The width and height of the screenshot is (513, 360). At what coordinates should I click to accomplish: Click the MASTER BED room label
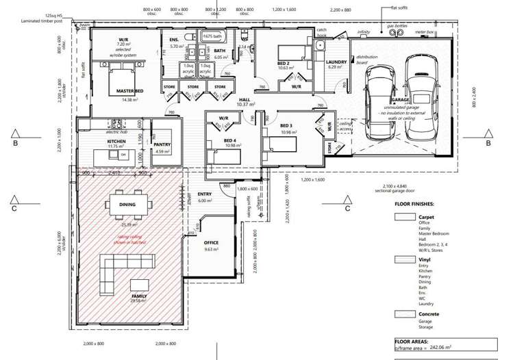[x=129, y=92]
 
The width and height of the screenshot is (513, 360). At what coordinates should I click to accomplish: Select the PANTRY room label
[x=162, y=144]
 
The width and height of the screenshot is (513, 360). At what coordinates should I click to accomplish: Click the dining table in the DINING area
[x=127, y=204]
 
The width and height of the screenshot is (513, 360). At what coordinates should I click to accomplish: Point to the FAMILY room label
[x=139, y=296]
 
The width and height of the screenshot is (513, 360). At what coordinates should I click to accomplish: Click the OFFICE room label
[x=211, y=243]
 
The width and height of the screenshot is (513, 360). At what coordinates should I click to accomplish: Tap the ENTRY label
[x=205, y=194]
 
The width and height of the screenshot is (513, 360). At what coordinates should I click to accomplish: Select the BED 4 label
[x=230, y=140]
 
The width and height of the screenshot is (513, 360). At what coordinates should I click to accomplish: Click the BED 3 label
[x=286, y=126]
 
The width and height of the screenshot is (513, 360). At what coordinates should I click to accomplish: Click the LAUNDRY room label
[x=336, y=62]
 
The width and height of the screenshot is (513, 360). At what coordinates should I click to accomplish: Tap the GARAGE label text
[x=400, y=100]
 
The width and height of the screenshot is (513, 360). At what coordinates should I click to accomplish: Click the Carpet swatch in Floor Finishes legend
[x=405, y=217]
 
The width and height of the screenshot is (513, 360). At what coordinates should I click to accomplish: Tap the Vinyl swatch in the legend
[x=405, y=260]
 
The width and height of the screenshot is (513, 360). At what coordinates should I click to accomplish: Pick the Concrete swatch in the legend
[x=405, y=314]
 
